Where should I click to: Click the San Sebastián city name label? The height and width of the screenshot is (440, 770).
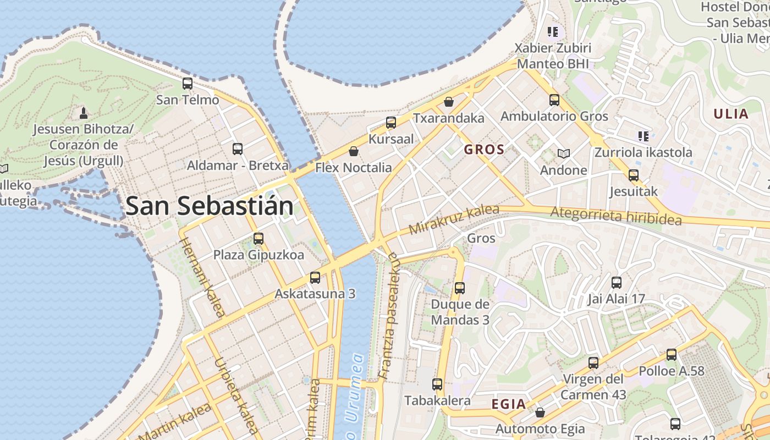[x=210, y=206]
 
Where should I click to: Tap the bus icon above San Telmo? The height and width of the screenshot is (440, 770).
[x=188, y=84]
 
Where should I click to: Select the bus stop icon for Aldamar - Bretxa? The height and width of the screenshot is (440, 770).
[x=238, y=148]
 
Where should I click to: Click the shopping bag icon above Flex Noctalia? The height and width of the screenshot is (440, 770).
[x=354, y=151]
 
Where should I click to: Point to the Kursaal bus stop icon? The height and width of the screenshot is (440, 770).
[x=391, y=122]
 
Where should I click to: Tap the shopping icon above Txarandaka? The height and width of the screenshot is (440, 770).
[x=449, y=102]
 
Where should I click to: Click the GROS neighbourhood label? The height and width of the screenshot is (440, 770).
[x=484, y=150]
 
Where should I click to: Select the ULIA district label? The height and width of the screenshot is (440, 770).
[x=731, y=114]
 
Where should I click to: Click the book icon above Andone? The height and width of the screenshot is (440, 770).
[x=563, y=153]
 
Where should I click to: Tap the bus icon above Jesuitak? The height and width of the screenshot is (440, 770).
[x=634, y=175]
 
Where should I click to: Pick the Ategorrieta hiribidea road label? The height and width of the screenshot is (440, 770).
[x=616, y=216]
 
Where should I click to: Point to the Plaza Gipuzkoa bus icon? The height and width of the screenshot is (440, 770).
[x=258, y=239]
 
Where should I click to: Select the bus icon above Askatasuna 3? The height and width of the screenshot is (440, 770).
[x=315, y=278]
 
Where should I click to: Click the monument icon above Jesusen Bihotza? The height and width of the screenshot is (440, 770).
[x=84, y=113]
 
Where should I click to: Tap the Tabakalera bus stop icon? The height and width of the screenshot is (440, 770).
[x=437, y=384]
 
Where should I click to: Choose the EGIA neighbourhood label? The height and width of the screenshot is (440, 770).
[x=509, y=404]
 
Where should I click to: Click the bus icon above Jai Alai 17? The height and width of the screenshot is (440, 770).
[x=617, y=283]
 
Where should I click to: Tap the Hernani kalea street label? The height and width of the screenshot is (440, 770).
[x=202, y=278]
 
